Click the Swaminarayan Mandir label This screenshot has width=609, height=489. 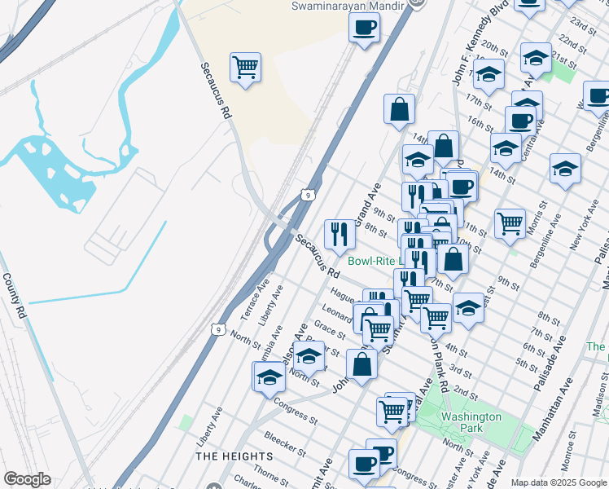[349, 6]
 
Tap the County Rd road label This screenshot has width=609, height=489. [15, 295]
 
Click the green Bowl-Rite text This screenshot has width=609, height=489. [371, 262]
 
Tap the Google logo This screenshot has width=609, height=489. [27, 479]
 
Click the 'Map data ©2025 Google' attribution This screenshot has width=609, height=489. [558, 482]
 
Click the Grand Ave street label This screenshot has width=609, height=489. [371, 199]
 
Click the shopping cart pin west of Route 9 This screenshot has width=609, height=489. [245, 68]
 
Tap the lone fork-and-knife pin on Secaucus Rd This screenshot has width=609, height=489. [340, 234]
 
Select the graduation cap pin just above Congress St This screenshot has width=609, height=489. [269, 377]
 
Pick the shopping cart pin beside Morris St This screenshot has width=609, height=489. [510, 222]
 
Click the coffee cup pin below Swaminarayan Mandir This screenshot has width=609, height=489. [364, 27]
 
